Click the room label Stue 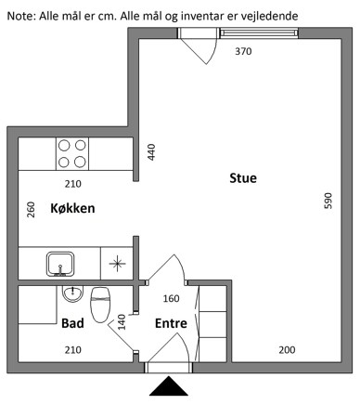click(243, 178)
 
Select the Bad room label click(73, 324)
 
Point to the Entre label click(171, 324)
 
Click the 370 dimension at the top click(243, 52)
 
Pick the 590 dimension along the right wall click(327, 201)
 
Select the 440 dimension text click(150, 152)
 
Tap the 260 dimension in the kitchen click(31, 211)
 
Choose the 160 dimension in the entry click(171, 298)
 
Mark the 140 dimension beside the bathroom click(121, 323)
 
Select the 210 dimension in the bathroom click(73, 349)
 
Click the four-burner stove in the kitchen click(72, 152)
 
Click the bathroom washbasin click(71, 293)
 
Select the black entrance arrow click(169, 385)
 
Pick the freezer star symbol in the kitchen click(119, 263)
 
